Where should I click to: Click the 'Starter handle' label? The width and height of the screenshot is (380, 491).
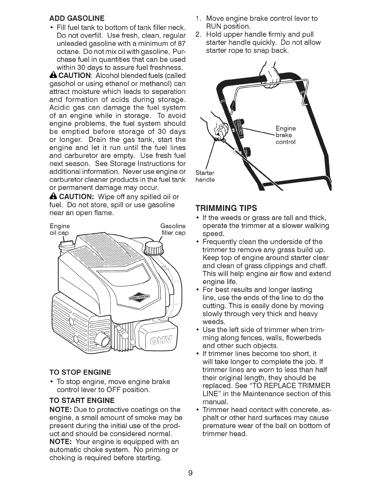[x=205, y=176]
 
